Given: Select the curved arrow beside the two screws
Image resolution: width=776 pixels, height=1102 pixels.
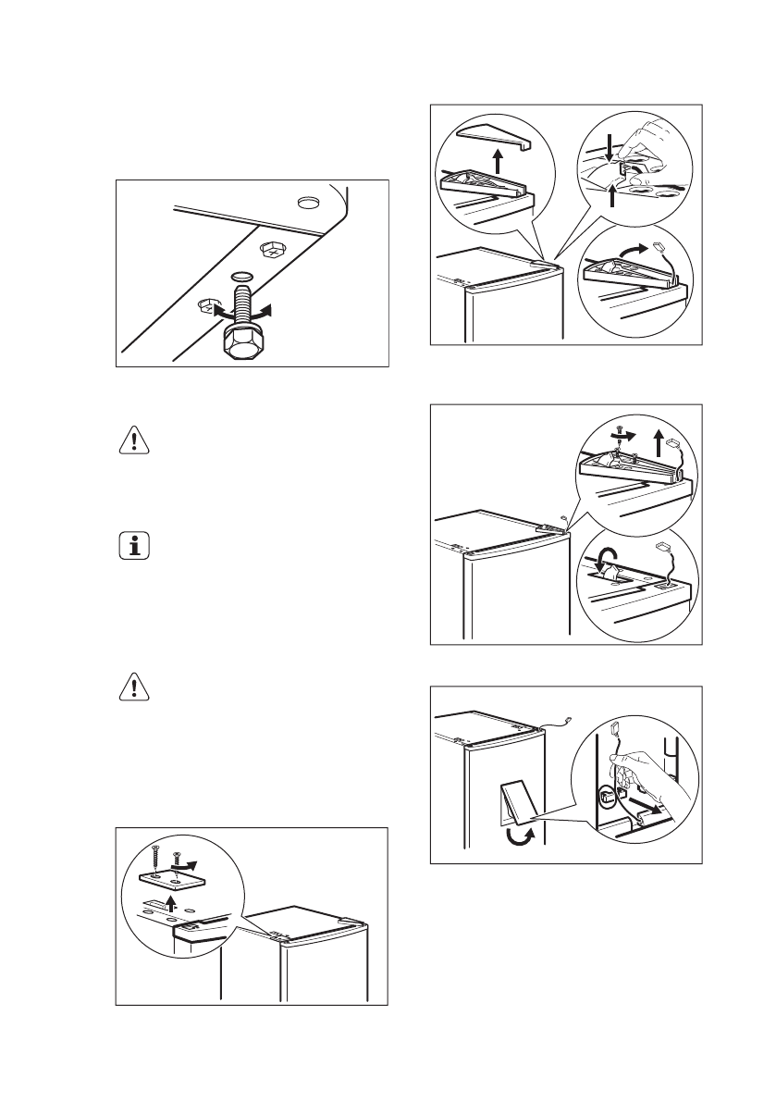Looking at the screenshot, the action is [187, 861].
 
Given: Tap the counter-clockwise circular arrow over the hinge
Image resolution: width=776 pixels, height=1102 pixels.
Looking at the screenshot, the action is [607, 560].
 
